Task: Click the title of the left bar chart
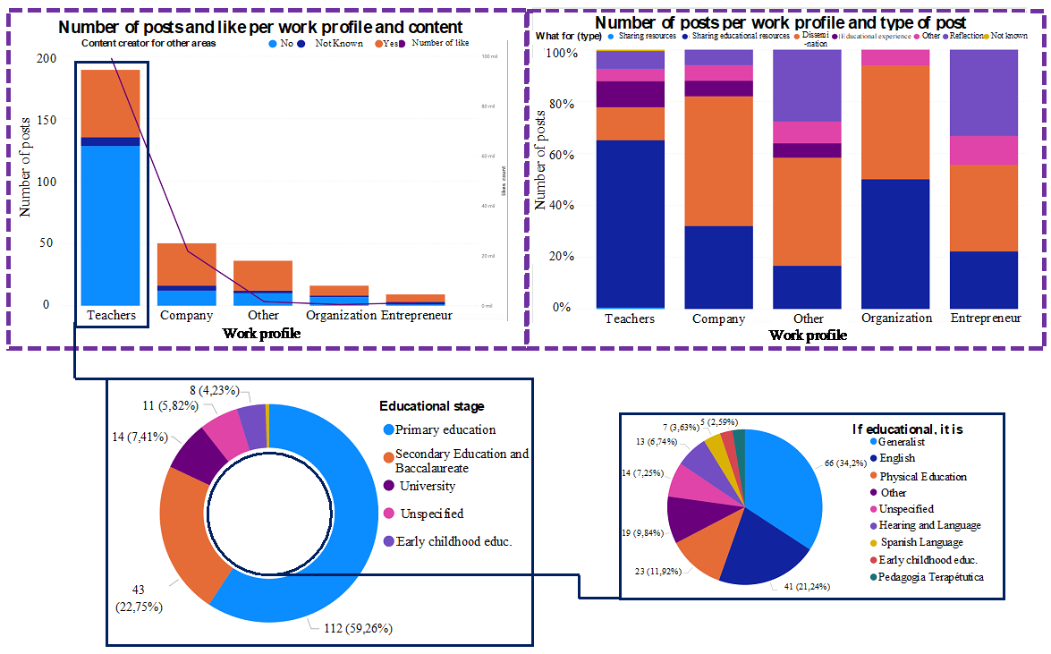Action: pyautogui.click(x=260, y=28)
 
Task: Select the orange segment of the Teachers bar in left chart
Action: pyautogui.click(x=110, y=103)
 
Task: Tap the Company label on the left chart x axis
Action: pyautogui.click(x=186, y=316)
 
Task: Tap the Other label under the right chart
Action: pyautogui.click(x=808, y=319)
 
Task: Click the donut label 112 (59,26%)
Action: pyautogui.click(x=355, y=628)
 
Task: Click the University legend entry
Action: pyautogui.click(x=426, y=487)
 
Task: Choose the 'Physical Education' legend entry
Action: pyautogui.click(x=922, y=477)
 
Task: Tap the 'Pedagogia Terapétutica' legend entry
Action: pyautogui.click(x=931, y=577)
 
